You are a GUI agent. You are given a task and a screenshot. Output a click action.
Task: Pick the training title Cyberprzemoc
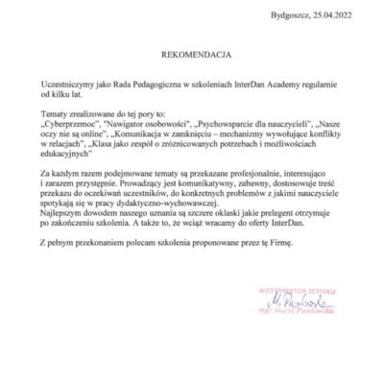point(72,125)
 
